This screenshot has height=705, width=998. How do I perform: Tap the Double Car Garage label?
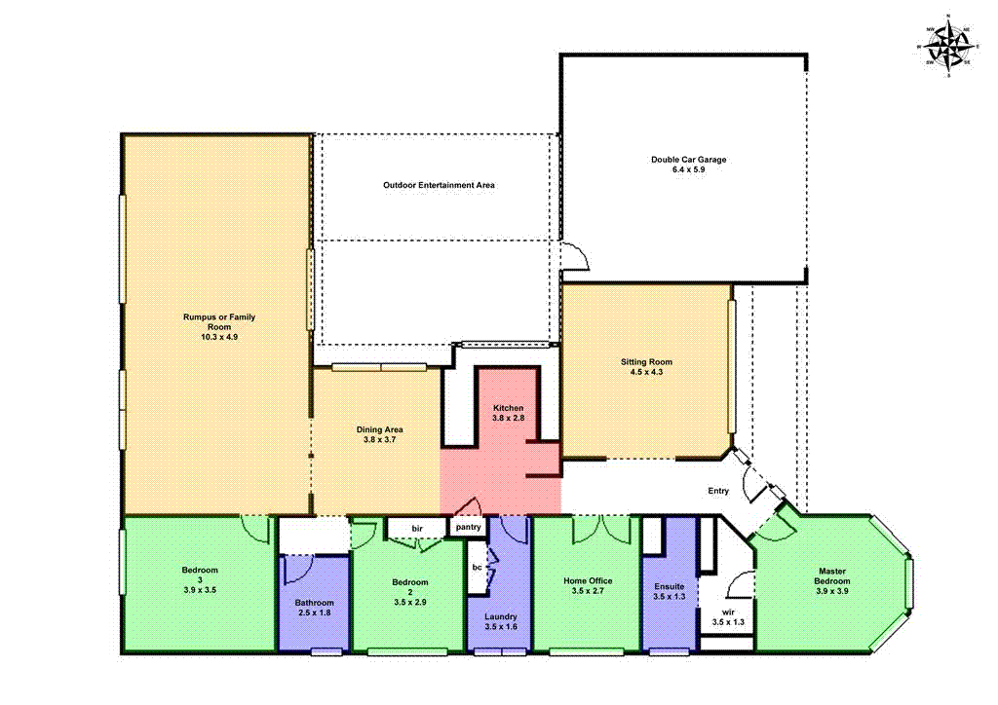(x=689, y=159)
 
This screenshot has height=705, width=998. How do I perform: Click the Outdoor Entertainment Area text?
(x=439, y=184)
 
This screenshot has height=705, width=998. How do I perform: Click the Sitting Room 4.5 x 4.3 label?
(x=647, y=366)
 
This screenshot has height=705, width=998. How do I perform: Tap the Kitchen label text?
(x=508, y=407)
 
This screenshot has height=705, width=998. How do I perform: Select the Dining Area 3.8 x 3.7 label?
(x=380, y=434)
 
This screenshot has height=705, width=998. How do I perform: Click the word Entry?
(x=718, y=491)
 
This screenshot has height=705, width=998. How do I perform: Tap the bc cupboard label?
(x=477, y=566)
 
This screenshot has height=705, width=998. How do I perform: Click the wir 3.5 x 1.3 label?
(x=728, y=616)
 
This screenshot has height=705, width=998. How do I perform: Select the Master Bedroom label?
(x=833, y=576)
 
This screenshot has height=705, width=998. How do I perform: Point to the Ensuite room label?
(x=669, y=586)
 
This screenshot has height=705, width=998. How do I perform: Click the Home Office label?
(x=588, y=581)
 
